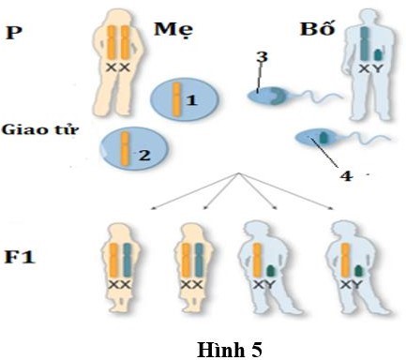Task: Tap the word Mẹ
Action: point(173,31)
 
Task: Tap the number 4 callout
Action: point(345,173)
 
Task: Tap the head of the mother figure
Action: point(115,11)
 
